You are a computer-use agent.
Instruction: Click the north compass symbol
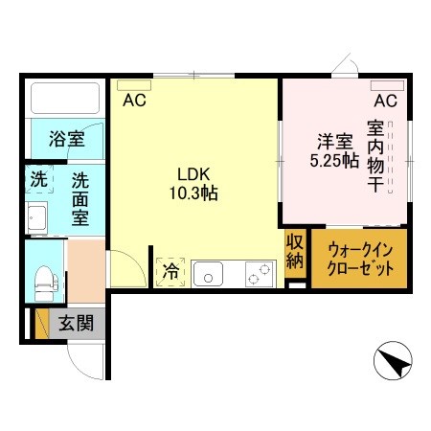tap(393, 361)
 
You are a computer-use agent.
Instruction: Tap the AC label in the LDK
tap(133, 99)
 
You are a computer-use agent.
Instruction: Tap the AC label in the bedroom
tap(385, 101)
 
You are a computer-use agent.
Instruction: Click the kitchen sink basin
tap(207, 275)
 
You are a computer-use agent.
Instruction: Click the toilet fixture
tap(43, 280)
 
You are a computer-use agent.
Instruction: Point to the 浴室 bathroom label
tap(66, 139)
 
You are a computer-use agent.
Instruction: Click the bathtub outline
tap(65, 99)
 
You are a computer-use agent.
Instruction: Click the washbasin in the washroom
tap(37, 219)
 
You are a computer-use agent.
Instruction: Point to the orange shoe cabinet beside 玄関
tap(41, 323)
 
